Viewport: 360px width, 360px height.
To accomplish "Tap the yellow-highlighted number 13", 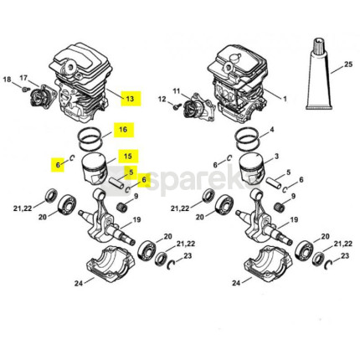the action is pos(131,99).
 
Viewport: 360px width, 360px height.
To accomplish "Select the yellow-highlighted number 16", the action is pos(123,130).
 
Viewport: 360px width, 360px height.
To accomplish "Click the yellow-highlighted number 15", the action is pos(128,156).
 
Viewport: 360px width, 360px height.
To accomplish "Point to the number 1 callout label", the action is pos(285,99).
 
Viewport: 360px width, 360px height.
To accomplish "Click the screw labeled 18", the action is pos(26,90).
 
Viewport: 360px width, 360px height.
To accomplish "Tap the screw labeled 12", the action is pos(176,106).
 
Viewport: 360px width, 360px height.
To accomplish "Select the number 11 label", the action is pos(177,91).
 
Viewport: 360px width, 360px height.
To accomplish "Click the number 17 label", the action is pos(24,78).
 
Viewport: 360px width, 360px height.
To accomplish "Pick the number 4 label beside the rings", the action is pos(272,129).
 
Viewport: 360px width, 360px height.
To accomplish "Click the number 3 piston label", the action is pos(276,157).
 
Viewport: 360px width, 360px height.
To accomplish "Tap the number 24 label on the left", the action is pos(79,283).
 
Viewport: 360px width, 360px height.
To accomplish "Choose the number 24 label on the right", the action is pos(236,283).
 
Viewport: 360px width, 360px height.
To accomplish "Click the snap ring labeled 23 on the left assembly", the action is pos(171,265).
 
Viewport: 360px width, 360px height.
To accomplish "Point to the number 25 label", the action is pos(348,64).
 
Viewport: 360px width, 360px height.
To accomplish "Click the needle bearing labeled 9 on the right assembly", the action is pos(280,207).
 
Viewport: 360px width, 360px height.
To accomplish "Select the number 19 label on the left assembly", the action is pos(136,220).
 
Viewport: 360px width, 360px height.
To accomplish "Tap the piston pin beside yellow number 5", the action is pos(116,183).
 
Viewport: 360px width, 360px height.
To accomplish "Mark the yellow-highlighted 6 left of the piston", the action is pos(58,165).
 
